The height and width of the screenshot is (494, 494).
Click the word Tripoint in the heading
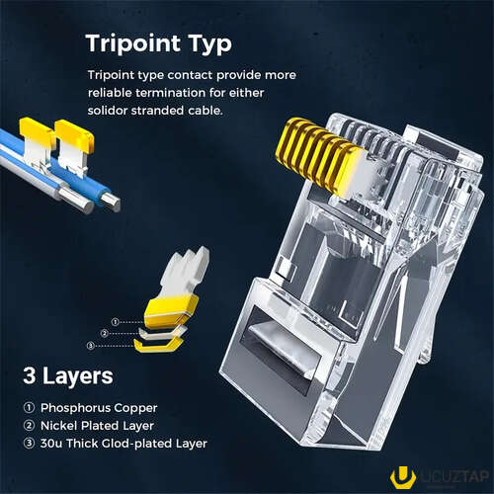[133, 43]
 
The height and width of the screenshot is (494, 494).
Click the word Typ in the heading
[209, 44]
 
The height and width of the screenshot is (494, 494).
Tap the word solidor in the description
[108, 111]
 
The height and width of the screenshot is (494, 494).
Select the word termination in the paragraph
[170, 93]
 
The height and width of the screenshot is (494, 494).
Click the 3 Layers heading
[68, 376]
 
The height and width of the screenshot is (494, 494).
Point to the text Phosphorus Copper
[99, 408]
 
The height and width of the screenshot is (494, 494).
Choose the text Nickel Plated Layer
[97, 426]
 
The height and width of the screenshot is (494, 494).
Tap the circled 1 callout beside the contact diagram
[115, 322]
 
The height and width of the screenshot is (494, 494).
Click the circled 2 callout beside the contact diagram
[104, 334]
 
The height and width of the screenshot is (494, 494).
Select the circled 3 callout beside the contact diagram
[91, 346]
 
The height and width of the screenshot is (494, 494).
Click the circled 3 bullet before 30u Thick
[29, 444]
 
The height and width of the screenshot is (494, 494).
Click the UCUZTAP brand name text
[454, 476]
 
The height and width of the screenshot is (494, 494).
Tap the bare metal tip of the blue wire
[112, 202]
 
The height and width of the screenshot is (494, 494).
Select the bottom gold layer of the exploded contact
[159, 345]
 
